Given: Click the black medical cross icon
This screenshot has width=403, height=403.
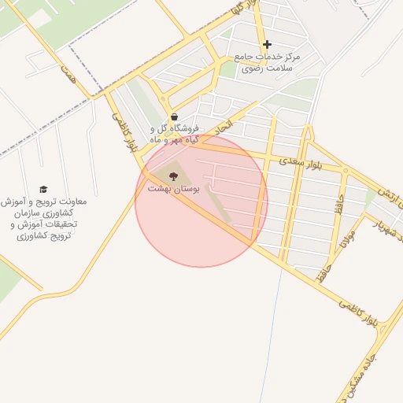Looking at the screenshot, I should tap(267, 44).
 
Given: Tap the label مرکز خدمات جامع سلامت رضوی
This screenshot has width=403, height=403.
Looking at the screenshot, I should tap(268, 63).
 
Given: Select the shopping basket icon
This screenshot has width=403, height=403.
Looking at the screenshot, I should tap(174, 117).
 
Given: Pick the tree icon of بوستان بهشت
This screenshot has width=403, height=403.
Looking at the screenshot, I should tap(173, 176).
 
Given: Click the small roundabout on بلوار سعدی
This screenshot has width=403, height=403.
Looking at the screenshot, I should tap(345, 170).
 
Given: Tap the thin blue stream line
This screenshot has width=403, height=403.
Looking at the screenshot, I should tap(277, 331).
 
